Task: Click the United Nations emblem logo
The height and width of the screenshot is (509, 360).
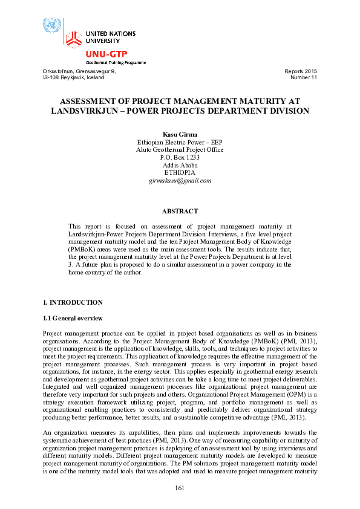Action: (52, 26)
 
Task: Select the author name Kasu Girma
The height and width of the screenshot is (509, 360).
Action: (180, 134)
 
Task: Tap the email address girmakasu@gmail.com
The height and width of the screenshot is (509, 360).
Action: (180, 181)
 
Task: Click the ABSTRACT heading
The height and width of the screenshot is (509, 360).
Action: (180, 211)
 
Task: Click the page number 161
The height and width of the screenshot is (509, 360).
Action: (180, 488)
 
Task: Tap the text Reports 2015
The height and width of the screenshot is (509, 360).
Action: (300, 71)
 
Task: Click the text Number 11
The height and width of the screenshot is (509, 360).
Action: (304, 78)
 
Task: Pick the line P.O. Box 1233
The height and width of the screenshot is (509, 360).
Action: (180, 157)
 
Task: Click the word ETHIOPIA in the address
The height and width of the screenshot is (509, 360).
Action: (180, 173)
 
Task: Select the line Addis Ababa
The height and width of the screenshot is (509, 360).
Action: (180, 165)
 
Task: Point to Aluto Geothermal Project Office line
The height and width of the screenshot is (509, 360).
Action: (180, 149)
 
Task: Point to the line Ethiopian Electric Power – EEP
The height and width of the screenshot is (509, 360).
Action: (180, 141)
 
